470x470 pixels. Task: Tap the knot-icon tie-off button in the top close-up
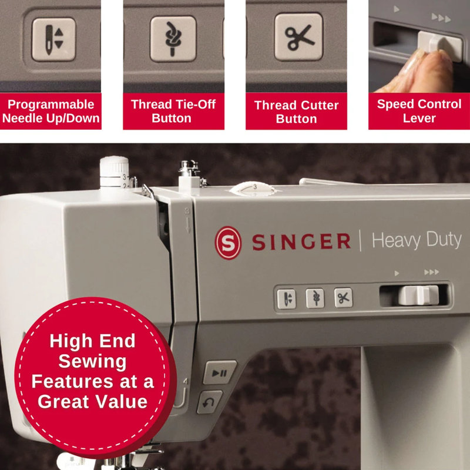click(173, 39)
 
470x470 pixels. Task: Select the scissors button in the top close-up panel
click(298, 37)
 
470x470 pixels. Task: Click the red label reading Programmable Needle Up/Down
click(51, 112)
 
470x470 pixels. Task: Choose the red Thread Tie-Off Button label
click(173, 111)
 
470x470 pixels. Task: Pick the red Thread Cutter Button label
click(297, 112)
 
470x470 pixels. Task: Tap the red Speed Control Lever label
click(419, 111)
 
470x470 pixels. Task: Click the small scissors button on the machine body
click(343, 298)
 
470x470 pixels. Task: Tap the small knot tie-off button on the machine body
click(315, 298)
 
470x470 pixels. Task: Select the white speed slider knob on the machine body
click(418, 294)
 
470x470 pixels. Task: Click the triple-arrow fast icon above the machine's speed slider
click(431, 273)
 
